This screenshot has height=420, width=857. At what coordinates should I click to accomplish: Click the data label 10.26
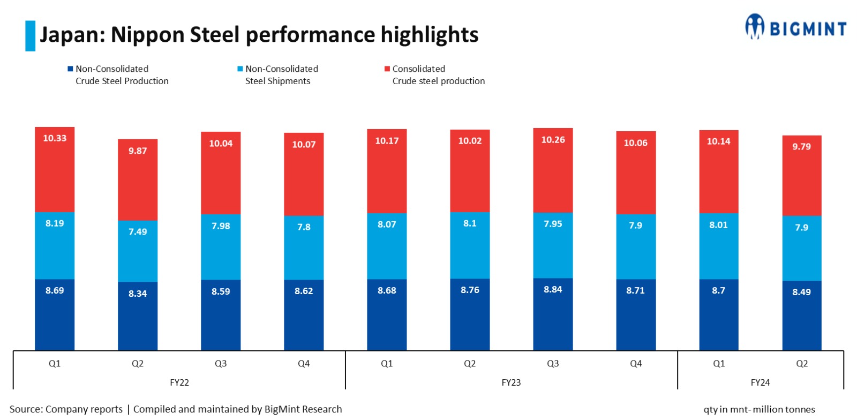click(x=553, y=140)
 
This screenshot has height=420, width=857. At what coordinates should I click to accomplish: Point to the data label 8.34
click(x=138, y=294)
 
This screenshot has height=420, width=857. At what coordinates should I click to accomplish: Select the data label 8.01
click(x=718, y=225)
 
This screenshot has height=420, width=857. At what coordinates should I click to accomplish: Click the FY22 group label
click(x=179, y=382)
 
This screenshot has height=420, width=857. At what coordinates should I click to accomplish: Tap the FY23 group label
click(x=511, y=382)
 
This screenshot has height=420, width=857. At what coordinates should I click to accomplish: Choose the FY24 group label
click(x=760, y=382)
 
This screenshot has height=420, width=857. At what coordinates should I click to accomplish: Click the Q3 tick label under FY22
click(x=221, y=364)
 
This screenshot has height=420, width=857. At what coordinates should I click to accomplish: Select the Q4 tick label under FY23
click(x=636, y=364)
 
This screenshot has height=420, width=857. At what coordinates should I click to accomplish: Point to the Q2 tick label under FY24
click(x=801, y=364)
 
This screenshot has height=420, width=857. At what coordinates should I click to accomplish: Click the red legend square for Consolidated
click(x=387, y=69)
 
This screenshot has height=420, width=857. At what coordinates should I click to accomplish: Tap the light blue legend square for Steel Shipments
click(x=240, y=69)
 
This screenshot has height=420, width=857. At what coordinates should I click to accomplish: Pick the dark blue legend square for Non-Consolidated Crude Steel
click(x=70, y=69)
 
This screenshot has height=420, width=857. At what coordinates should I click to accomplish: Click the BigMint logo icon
click(x=754, y=26)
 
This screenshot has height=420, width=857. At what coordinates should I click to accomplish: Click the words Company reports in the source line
click(x=84, y=409)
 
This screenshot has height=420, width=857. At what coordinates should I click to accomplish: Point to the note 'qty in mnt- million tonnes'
click(x=759, y=410)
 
